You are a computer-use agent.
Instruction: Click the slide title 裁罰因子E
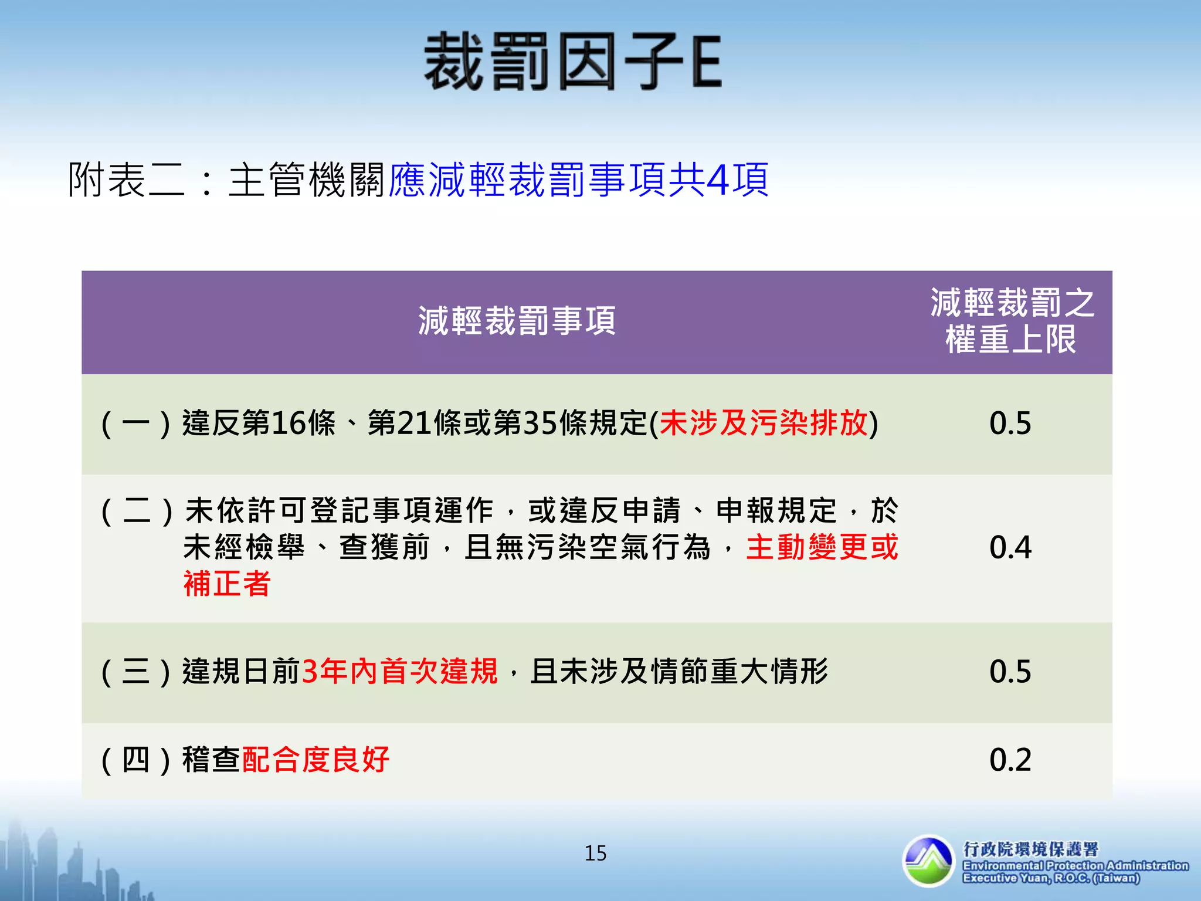pos(572,62)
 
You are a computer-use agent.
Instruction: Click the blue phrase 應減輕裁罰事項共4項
pos(578,179)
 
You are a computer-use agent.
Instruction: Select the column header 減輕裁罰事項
pos(517,321)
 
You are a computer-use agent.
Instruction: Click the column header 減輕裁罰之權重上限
pos(1011,321)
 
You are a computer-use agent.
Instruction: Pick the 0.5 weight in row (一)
pos(1010,423)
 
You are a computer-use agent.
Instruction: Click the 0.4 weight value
pos(1010,547)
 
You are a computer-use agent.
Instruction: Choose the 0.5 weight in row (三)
pos(1010,672)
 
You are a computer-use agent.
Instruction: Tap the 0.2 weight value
pos(1010,760)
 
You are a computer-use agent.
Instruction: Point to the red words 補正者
pos(227,584)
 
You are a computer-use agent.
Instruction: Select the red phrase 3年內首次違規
pos(399,672)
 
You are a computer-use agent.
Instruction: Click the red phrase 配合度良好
pos(315,760)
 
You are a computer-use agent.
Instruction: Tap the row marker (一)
pos(136,424)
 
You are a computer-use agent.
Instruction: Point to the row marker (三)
pos(136,672)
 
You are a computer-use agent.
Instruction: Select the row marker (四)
pos(136,760)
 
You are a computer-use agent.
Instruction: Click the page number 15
pos(595,853)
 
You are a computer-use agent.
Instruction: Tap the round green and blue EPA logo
pos(928,861)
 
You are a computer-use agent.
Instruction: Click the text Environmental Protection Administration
pos(1076,866)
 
